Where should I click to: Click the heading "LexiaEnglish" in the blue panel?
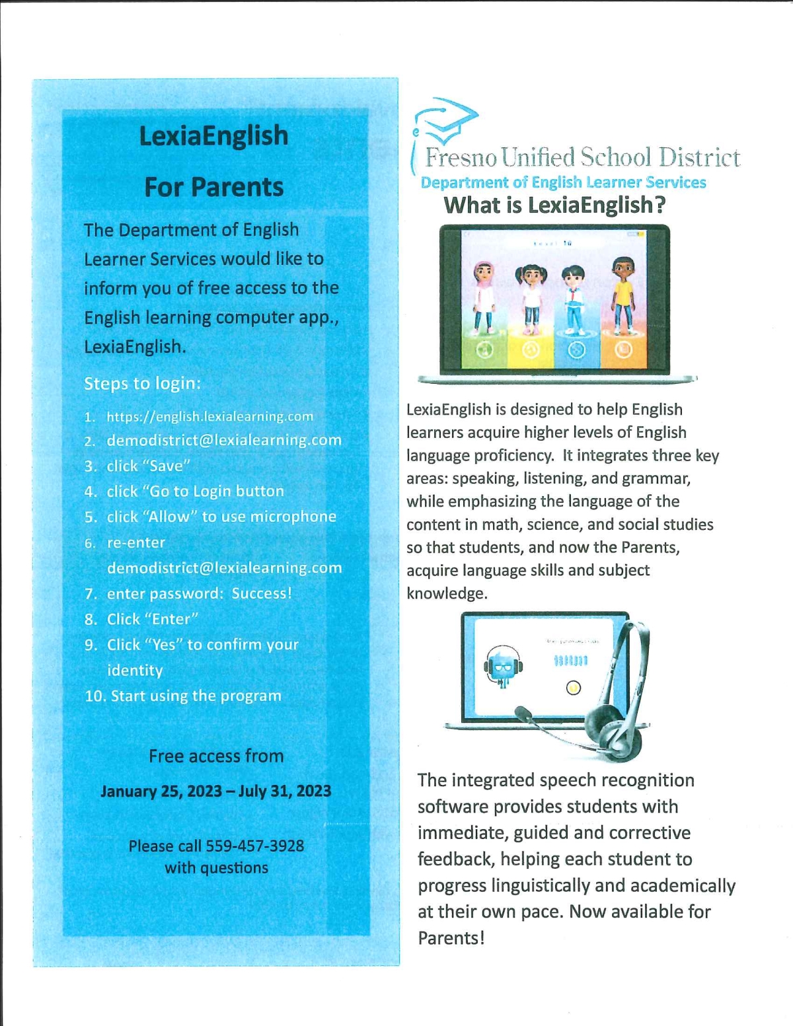pyautogui.click(x=213, y=136)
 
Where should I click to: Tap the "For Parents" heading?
pyautogui.click(x=213, y=188)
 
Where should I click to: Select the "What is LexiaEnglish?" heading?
pyautogui.click(x=554, y=205)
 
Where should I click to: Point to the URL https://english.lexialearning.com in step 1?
pyautogui.click(x=209, y=417)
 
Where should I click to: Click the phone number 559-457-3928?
pyautogui.click(x=255, y=846)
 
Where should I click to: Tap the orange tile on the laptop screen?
pyautogui.click(x=623, y=351)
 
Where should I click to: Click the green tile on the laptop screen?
pyautogui.click(x=484, y=351)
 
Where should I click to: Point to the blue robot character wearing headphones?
pyautogui.click(x=502, y=666)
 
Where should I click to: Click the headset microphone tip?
pyautogui.click(x=522, y=714)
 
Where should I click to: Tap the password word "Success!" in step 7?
pyautogui.click(x=262, y=593)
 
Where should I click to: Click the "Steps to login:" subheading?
pyautogui.click(x=142, y=384)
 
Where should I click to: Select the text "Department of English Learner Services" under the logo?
pyautogui.click(x=563, y=182)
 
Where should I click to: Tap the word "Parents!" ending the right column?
pyautogui.click(x=451, y=938)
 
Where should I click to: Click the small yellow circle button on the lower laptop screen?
pyautogui.click(x=573, y=688)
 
